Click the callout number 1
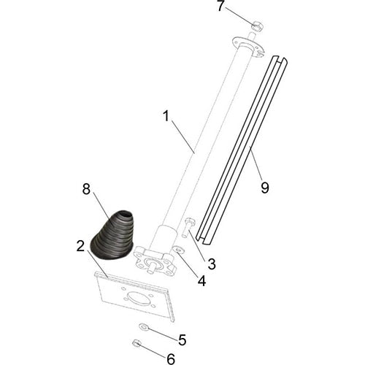[166, 116]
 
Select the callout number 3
[211, 263]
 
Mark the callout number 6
[171, 358]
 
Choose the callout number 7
[220, 7]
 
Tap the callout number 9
[264, 188]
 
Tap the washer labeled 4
[177, 251]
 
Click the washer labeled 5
[142, 327]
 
